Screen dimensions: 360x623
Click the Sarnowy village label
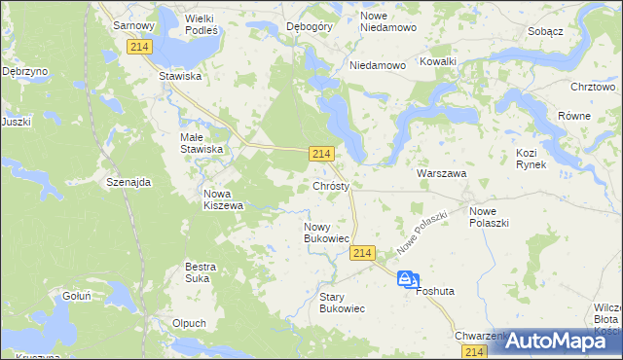[135, 23]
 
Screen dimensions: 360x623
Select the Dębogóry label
[311, 26]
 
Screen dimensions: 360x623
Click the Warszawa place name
[442, 173]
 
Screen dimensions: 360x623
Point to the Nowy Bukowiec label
[326, 232]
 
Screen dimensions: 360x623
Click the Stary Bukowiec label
[342, 302]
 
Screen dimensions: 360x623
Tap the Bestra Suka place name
[201, 271]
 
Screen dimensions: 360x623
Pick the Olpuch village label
[188, 323]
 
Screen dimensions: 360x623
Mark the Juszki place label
[17, 122]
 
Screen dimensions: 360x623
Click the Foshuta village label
[435, 290]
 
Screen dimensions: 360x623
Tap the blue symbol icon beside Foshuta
[405, 278]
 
